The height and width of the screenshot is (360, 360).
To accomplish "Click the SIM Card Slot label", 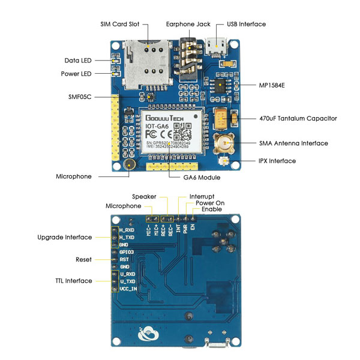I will (119, 24).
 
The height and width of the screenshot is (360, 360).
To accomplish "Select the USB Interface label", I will (246, 24).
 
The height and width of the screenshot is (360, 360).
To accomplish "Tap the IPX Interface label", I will (279, 161).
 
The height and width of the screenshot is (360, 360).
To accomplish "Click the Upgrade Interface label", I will (65, 237).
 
